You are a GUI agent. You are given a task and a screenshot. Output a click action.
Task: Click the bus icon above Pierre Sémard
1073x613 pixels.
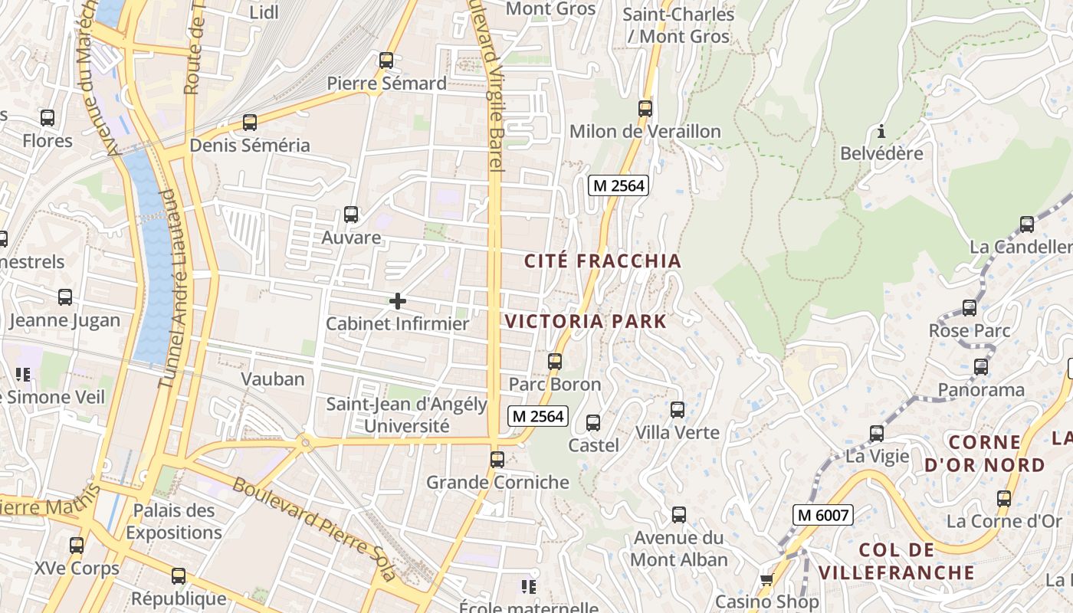[386, 60]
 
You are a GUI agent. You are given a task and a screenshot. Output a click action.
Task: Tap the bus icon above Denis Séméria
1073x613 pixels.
[250, 122]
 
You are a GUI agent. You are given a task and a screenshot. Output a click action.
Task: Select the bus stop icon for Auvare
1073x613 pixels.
[351, 214]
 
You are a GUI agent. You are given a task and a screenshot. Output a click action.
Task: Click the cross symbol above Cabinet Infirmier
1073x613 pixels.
[398, 301]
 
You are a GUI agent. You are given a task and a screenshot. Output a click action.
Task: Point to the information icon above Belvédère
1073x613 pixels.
[881, 130]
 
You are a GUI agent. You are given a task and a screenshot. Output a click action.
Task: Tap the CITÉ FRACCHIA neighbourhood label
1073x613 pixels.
[602, 261]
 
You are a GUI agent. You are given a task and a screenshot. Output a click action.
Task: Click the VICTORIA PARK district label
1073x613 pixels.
[586, 321]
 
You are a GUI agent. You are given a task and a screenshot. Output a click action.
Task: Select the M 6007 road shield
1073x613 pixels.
[823, 515]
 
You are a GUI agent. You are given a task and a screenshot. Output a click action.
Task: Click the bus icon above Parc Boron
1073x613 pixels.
[555, 361]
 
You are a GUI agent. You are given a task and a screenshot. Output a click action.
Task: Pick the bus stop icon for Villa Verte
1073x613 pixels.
[678, 409]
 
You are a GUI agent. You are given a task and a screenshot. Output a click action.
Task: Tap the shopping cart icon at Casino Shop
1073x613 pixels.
[766, 579]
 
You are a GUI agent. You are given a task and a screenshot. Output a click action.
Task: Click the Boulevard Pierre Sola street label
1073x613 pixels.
[315, 529]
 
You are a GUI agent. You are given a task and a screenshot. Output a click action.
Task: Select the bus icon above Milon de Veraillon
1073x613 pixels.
[645, 108]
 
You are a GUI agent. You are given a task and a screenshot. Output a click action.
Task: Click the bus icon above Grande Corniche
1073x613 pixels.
[497, 459]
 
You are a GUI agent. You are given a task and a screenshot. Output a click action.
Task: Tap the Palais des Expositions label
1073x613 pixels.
[174, 521]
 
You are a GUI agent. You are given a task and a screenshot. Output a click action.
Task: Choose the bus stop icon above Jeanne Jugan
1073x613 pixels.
[65, 297]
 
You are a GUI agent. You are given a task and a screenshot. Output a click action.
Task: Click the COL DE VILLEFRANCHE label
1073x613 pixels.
[896, 561]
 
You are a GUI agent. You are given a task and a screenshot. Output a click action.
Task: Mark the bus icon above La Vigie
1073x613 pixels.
[877, 433]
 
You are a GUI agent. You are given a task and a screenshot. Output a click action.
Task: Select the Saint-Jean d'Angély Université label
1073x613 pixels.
[407, 415]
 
